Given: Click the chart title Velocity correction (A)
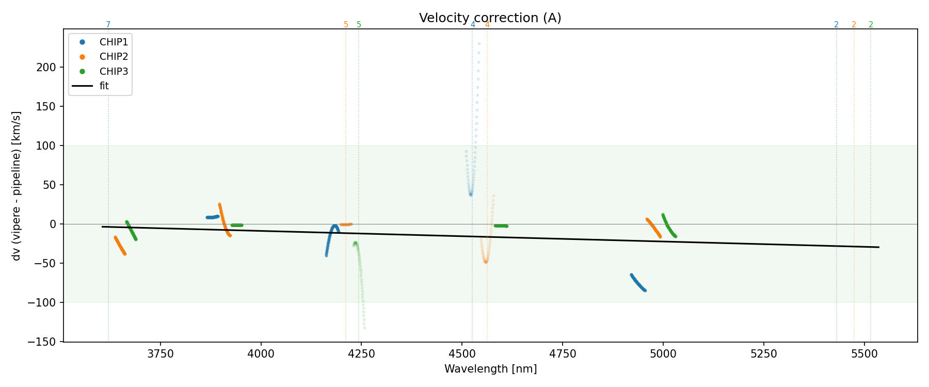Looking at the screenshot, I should click(490, 18).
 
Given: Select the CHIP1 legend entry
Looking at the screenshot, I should click(114, 42).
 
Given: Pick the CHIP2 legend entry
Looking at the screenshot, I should click(114, 57).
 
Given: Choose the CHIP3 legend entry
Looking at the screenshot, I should click(114, 71).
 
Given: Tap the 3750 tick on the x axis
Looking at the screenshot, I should click(161, 353).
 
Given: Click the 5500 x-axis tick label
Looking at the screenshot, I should click(864, 353).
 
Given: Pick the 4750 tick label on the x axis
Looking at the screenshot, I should click(563, 353).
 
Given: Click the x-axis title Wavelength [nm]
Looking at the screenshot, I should click(490, 369).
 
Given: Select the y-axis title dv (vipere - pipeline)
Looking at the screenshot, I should click(17, 186).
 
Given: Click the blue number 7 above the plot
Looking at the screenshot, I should click(108, 25).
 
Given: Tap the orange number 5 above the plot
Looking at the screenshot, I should click(346, 25).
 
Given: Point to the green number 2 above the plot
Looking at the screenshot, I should click(871, 25).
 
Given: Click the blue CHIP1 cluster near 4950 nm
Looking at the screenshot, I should click(638, 283).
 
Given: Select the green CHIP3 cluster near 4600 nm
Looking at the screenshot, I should click(501, 226).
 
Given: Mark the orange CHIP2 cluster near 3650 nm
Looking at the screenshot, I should click(120, 246).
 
